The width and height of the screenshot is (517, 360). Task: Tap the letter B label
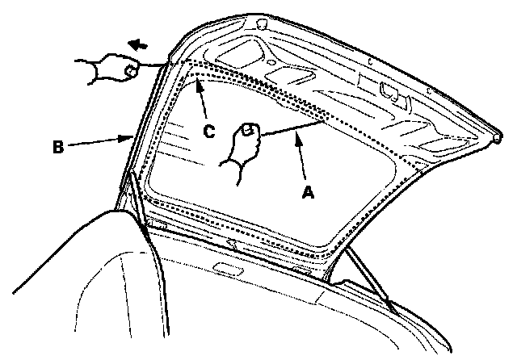(x=57, y=149)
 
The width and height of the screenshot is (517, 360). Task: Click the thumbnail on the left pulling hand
(x=129, y=71)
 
